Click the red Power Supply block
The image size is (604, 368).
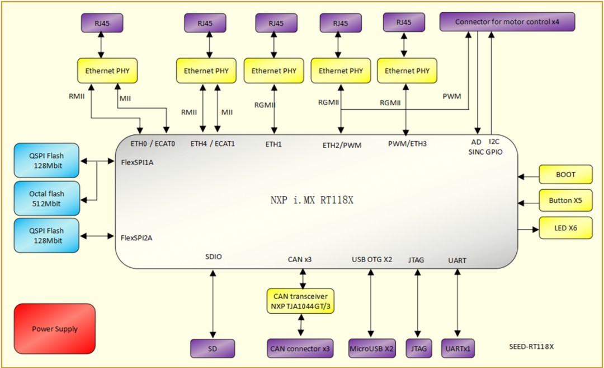tap(55, 329)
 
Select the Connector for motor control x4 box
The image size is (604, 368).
tap(507, 22)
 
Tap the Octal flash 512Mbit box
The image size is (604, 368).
tap(46, 199)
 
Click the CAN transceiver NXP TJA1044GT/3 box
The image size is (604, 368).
tap(301, 300)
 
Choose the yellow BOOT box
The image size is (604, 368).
tap(565, 175)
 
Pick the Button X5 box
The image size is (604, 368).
tap(565, 201)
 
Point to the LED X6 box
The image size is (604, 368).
tap(565, 229)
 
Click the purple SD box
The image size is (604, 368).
tap(213, 348)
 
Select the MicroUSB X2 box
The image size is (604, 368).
tap(371, 348)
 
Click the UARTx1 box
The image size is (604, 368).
tap(458, 348)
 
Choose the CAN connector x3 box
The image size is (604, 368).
tap(300, 348)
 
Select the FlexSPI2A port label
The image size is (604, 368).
tap(136, 237)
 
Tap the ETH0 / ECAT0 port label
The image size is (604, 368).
tap(153, 144)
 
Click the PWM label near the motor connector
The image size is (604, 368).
tap(452, 96)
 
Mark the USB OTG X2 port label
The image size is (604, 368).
tap(372, 259)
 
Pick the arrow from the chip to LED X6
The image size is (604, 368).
tap(528, 229)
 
